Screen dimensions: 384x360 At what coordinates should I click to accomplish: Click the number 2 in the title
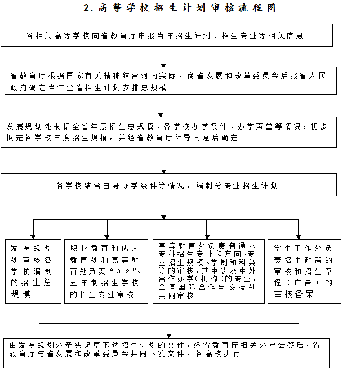coord(86,8)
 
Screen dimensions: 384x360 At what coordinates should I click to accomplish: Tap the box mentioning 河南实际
coord(168,81)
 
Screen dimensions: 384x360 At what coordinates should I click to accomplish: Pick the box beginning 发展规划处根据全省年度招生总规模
coord(168,132)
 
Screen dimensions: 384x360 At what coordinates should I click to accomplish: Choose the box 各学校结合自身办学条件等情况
coord(168,185)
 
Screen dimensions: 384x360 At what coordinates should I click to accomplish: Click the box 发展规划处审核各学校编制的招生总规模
coord(33,271)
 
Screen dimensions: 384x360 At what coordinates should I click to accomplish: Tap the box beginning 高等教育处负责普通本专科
coord(208,271)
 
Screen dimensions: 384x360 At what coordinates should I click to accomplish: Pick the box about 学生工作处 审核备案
coord(304,271)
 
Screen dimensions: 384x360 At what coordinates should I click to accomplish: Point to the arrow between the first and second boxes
coord(163,56)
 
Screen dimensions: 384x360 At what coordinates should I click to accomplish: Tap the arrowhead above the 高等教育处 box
coord(207,235)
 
